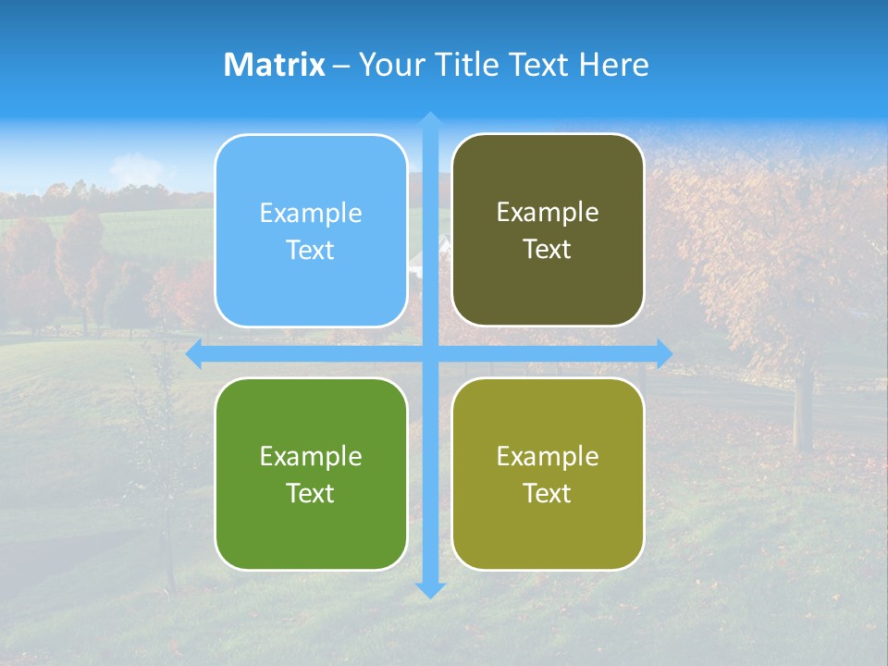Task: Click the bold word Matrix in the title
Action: point(275,65)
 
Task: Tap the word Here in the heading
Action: point(614,65)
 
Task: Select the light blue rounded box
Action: point(311,230)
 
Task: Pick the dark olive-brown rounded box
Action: point(548,229)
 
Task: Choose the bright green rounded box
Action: point(311,474)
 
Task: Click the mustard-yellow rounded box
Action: point(548,474)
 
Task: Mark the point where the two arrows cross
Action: point(430,353)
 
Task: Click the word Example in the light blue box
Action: point(311,214)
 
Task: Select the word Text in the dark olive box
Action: point(548,249)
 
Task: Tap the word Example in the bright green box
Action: point(311,456)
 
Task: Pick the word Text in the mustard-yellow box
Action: point(548,493)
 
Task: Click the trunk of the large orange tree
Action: point(802,407)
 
